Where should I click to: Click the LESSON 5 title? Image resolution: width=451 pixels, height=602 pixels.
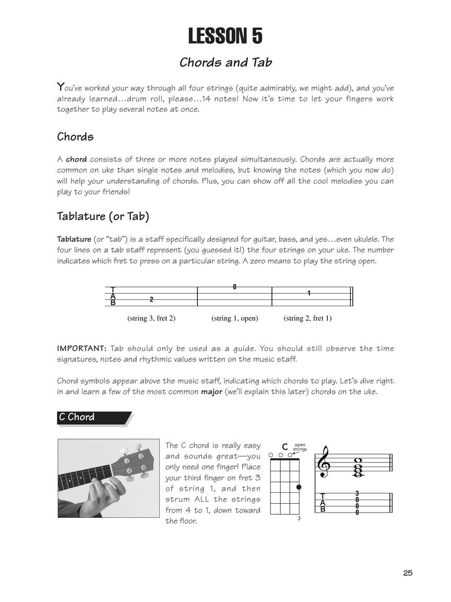click(x=225, y=37)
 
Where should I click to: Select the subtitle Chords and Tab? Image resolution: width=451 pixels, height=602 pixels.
click(x=225, y=63)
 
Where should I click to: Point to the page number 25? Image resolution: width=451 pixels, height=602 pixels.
click(x=408, y=573)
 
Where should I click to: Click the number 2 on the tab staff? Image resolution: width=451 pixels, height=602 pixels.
click(x=151, y=299)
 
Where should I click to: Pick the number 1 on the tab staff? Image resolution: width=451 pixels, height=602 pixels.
click(x=308, y=293)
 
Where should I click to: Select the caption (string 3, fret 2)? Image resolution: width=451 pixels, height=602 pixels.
click(x=151, y=318)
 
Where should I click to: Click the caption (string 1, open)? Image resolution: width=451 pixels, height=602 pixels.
click(x=235, y=318)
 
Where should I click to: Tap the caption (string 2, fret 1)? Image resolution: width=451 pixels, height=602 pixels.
click(x=308, y=318)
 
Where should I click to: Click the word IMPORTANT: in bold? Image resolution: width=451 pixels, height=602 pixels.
click(x=81, y=349)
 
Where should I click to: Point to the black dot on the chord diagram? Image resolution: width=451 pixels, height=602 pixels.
click(x=299, y=487)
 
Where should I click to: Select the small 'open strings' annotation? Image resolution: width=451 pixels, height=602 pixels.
click(x=300, y=447)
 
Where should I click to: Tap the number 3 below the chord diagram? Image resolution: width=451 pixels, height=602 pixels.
click(x=299, y=518)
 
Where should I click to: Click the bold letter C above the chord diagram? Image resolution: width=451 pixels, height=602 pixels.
click(x=285, y=447)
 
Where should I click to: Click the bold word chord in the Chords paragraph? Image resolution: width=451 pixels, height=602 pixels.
click(x=76, y=159)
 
